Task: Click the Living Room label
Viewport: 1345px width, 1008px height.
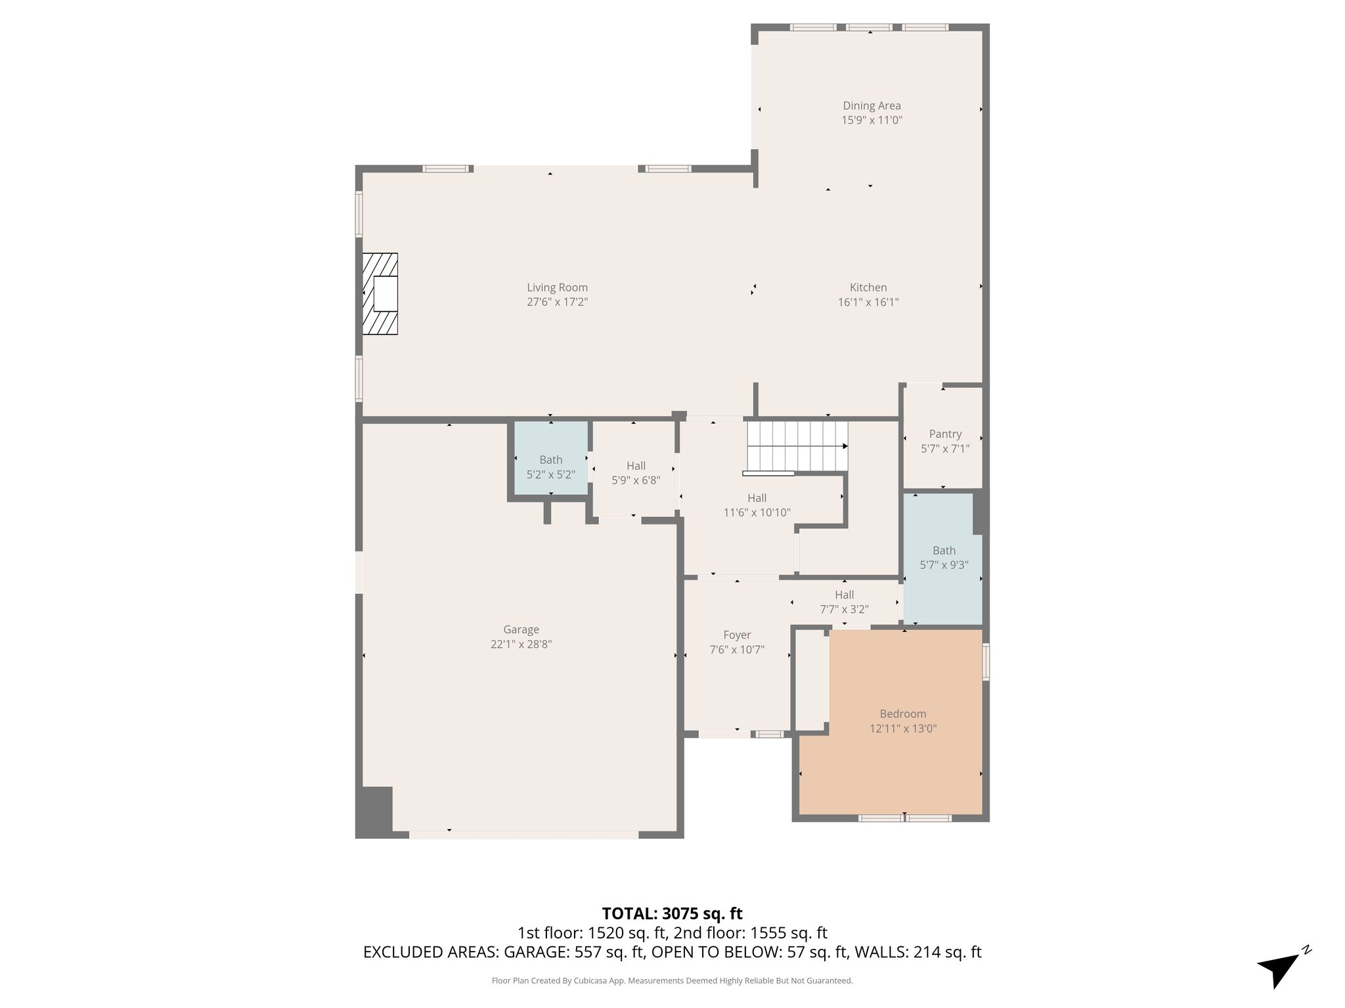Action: click(x=557, y=287)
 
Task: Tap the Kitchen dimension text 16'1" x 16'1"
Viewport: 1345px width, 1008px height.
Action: click(x=868, y=303)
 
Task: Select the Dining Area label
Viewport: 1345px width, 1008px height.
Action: click(x=872, y=106)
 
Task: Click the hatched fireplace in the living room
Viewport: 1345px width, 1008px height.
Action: click(x=380, y=293)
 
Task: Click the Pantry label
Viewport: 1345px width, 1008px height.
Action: click(x=945, y=434)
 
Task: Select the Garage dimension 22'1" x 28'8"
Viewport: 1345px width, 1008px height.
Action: click(x=521, y=644)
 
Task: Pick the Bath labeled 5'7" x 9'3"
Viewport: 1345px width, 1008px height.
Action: click(x=943, y=558)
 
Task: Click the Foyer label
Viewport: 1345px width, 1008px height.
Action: click(x=737, y=635)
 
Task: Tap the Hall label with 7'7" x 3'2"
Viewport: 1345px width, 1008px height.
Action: click(x=845, y=595)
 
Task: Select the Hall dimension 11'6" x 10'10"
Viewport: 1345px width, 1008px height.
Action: click(x=757, y=513)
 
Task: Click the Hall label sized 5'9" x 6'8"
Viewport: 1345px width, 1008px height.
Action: click(x=636, y=466)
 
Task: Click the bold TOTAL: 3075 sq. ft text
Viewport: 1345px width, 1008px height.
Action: click(x=672, y=913)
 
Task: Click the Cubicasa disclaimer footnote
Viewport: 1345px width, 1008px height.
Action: click(x=672, y=980)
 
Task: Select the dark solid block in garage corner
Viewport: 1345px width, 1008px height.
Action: click(x=374, y=810)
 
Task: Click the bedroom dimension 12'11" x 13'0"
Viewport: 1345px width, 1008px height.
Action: click(x=903, y=728)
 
